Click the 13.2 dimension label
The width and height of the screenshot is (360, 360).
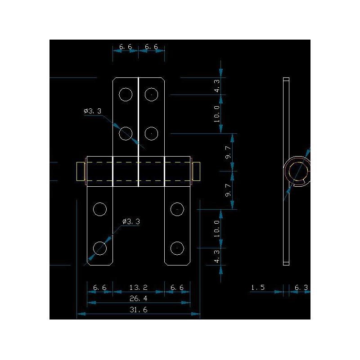(x=139, y=287)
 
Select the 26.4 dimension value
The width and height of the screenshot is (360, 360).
(x=139, y=298)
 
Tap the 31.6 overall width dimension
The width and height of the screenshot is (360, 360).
(x=139, y=310)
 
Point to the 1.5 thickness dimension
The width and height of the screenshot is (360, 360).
(x=258, y=287)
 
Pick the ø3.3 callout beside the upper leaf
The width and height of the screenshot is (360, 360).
(x=92, y=111)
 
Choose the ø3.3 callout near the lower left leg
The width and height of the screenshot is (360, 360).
(x=131, y=221)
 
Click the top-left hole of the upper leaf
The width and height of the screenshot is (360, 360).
(x=126, y=94)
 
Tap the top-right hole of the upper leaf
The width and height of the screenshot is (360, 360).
(x=152, y=94)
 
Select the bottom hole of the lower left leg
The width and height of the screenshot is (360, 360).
(x=99, y=248)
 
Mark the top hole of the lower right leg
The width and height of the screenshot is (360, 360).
(x=178, y=209)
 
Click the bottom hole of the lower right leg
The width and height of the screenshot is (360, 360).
(x=178, y=248)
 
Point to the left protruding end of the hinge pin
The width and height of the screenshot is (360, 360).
(x=81, y=171)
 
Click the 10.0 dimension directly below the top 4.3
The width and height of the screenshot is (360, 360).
(x=217, y=114)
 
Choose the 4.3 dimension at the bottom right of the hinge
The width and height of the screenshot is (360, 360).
(x=217, y=256)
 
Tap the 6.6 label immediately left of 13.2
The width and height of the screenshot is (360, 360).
(x=99, y=287)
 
